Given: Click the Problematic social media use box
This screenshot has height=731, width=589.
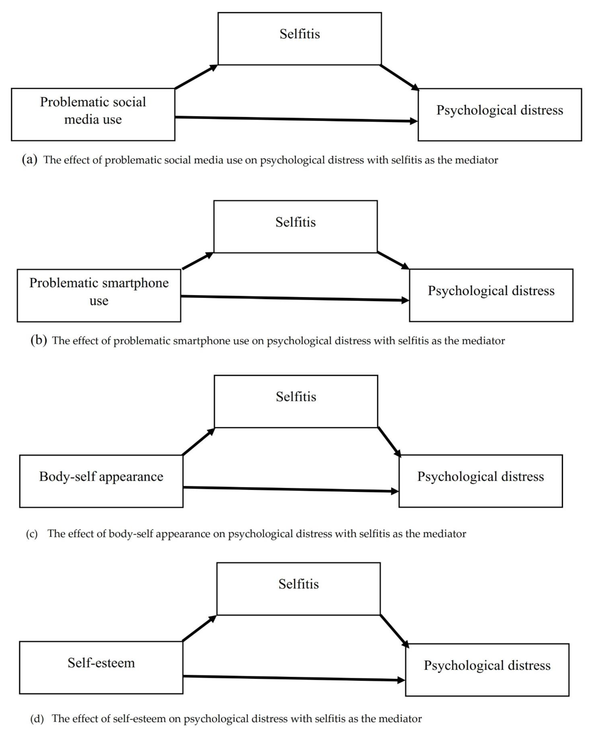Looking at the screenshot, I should pyautogui.click(x=93, y=114).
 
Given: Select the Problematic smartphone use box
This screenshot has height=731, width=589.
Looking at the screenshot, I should pyautogui.click(x=99, y=295).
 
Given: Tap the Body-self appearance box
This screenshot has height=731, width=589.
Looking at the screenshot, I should pyautogui.click(x=101, y=481).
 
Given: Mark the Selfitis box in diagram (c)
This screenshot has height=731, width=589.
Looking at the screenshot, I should pyautogui.click(x=296, y=401).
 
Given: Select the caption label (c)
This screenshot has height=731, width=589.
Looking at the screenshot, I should pyautogui.click(x=32, y=534).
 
